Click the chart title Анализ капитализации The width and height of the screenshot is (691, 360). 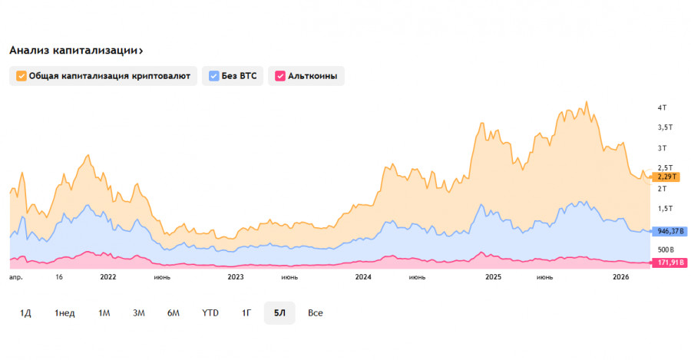(x=75, y=51)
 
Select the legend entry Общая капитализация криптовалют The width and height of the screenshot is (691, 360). (x=104, y=76)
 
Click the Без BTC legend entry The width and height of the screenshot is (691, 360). (x=233, y=76)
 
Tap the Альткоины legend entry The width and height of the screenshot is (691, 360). (x=306, y=76)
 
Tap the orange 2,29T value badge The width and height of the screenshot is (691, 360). (x=665, y=177)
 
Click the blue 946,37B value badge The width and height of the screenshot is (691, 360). (x=670, y=231)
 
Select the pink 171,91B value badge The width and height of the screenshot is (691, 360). (x=670, y=263)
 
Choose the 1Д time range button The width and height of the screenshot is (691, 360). (x=25, y=313)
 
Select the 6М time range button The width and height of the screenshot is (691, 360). (x=174, y=313)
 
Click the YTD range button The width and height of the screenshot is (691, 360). (x=210, y=313)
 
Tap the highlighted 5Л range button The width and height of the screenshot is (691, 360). (x=279, y=313)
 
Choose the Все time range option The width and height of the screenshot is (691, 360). (x=316, y=313)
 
